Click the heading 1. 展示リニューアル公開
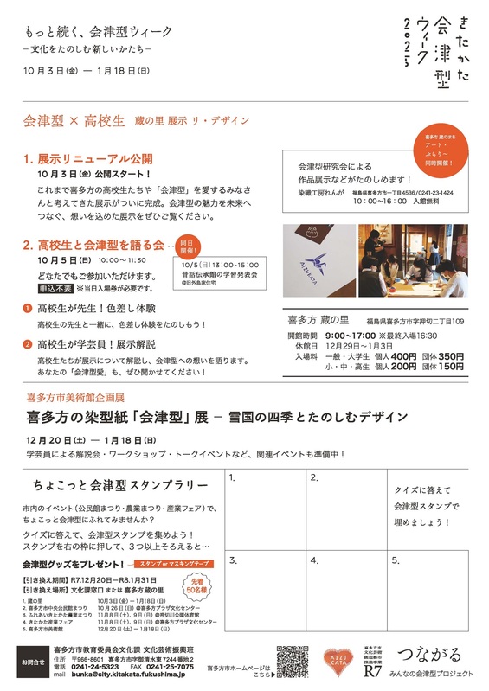tap(88, 159)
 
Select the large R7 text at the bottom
tap(372, 671)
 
